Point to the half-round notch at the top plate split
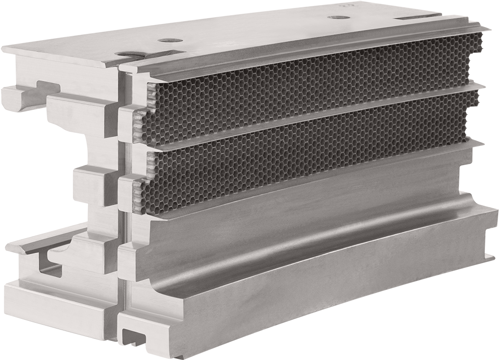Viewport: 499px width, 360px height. (x=129, y=55)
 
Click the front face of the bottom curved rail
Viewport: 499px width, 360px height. (x=319, y=304)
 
